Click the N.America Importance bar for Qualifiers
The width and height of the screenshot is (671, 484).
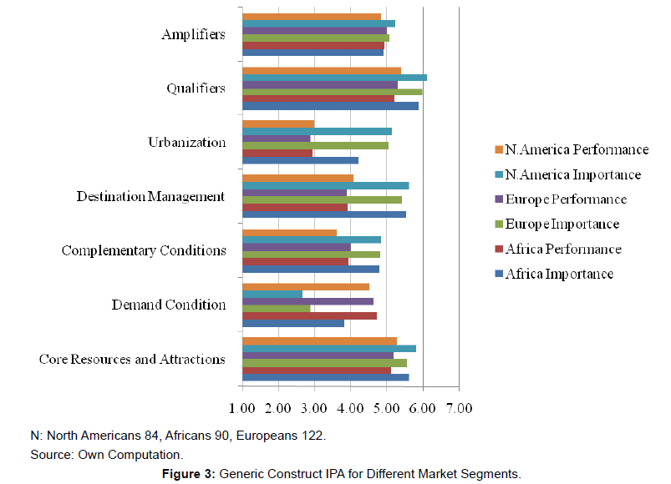click(x=334, y=78)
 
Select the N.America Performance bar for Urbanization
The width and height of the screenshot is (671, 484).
click(x=278, y=124)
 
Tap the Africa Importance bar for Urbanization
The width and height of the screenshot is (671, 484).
click(x=300, y=160)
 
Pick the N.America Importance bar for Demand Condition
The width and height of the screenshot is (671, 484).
click(x=272, y=294)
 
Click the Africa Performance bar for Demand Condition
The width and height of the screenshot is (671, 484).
click(x=309, y=315)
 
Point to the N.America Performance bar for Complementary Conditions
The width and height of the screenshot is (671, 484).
click(x=289, y=233)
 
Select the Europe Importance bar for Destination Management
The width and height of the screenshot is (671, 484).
click(x=322, y=199)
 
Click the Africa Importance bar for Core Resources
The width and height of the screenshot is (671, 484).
click(x=325, y=377)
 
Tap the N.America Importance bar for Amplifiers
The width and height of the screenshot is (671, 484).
click(x=318, y=23)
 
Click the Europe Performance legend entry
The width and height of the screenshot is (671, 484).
click(x=565, y=199)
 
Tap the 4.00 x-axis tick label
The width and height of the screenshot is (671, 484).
click(x=350, y=409)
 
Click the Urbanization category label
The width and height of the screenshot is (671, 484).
click(x=187, y=142)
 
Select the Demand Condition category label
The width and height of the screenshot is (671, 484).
click(x=169, y=305)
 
